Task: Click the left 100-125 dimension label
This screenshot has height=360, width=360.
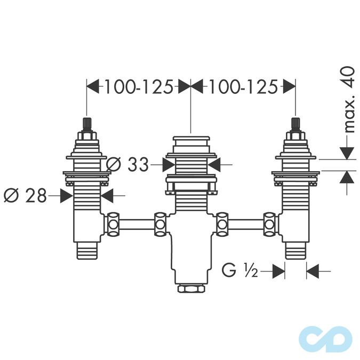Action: [x=138, y=86]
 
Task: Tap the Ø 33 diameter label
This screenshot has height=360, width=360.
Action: [x=127, y=165]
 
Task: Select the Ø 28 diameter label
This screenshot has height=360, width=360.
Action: [x=25, y=196]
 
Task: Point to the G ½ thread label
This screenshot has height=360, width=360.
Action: [x=240, y=271]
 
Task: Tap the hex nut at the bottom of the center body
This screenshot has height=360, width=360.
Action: [x=190, y=290]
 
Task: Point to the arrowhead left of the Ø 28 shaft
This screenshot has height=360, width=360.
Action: [x=66, y=196]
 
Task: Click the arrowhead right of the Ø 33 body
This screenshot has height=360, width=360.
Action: [x=213, y=165]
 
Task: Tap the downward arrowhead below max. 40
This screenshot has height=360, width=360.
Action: [x=347, y=153]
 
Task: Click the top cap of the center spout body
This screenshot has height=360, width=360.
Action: [x=190, y=143]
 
